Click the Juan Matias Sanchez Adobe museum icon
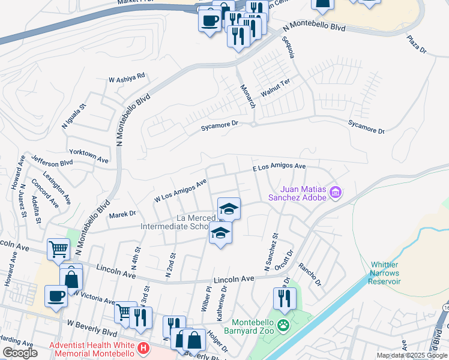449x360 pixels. (336, 193)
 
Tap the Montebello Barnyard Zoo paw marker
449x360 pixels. (285, 326)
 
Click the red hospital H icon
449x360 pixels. (143, 348)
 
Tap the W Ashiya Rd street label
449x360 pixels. (127, 78)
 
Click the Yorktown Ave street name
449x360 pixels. (88, 156)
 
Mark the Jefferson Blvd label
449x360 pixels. (52, 161)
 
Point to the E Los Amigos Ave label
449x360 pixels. (279, 167)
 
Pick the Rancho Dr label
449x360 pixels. (310, 274)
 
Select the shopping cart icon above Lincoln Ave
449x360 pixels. (58, 248)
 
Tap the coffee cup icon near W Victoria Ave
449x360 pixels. (56, 296)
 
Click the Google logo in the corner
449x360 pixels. (20, 353)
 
